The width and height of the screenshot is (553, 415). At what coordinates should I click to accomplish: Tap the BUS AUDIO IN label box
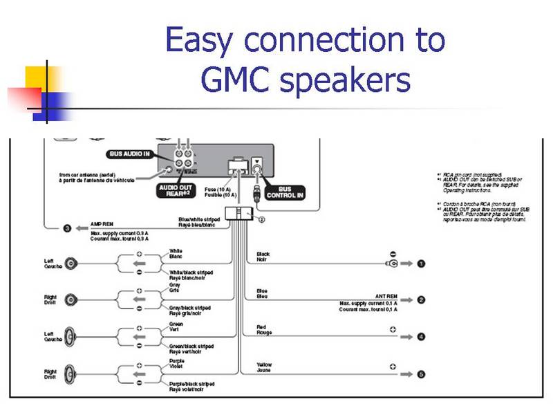(130, 154)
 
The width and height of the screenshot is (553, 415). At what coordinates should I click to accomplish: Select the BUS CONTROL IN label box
(285, 192)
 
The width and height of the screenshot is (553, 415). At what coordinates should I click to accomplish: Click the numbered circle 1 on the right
(421, 264)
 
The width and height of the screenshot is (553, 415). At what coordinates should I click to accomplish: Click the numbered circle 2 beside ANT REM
(421, 299)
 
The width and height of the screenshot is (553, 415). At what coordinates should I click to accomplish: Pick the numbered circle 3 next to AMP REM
(68, 228)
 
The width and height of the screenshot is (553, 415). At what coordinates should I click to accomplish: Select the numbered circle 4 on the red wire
(421, 337)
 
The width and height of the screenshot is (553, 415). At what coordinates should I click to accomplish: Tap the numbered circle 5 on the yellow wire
(421, 374)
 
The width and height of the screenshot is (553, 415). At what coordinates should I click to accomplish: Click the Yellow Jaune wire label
(264, 367)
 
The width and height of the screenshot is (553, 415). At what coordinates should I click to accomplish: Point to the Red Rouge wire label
(263, 330)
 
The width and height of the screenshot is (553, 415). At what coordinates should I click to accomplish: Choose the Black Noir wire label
(263, 257)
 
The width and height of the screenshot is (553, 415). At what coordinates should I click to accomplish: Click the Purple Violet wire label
(177, 363)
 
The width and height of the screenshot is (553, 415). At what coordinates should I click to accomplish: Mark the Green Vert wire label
(176, 326)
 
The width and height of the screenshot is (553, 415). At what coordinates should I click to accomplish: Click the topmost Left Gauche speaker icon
(71, 264)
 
